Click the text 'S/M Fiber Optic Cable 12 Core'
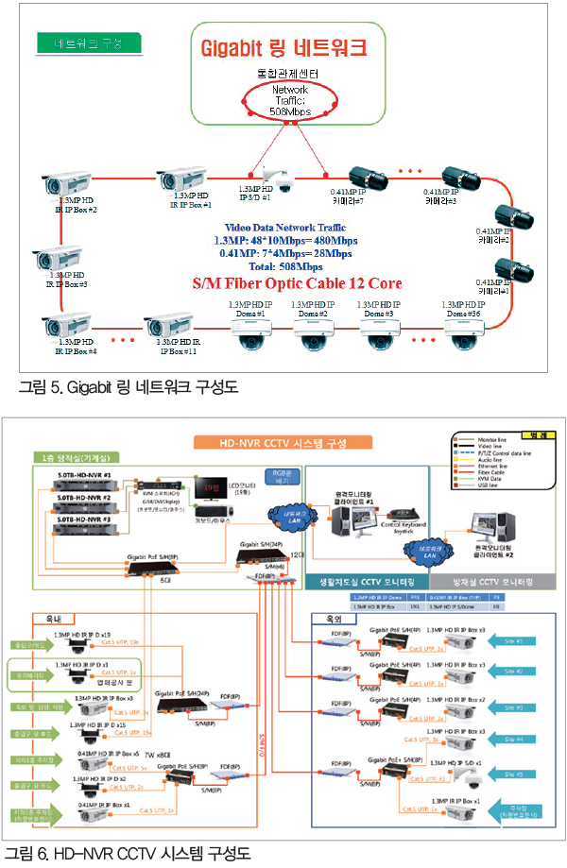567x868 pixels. [298, 282]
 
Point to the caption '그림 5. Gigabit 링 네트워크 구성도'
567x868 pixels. [127, 387]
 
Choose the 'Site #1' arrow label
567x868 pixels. [514, 640]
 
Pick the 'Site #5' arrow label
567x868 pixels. [514, 774]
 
